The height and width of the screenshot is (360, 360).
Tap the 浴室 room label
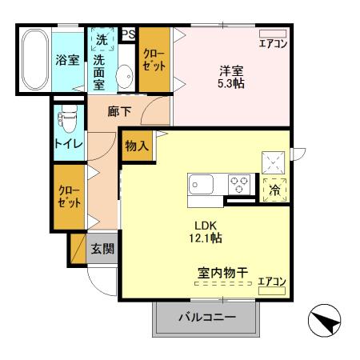[66, 60]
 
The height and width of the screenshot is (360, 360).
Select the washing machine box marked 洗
[102, 38]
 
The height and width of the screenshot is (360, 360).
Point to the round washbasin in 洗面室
[125, 77]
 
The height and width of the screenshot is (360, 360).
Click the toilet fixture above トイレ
[67, 120]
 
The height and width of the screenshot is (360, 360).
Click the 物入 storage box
[137, 146]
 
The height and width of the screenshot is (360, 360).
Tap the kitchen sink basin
[202, 184]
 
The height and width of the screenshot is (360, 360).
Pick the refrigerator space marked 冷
[274, 190]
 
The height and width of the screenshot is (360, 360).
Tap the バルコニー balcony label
[206, 318]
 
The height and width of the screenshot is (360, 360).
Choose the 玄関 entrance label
[102, 248]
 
